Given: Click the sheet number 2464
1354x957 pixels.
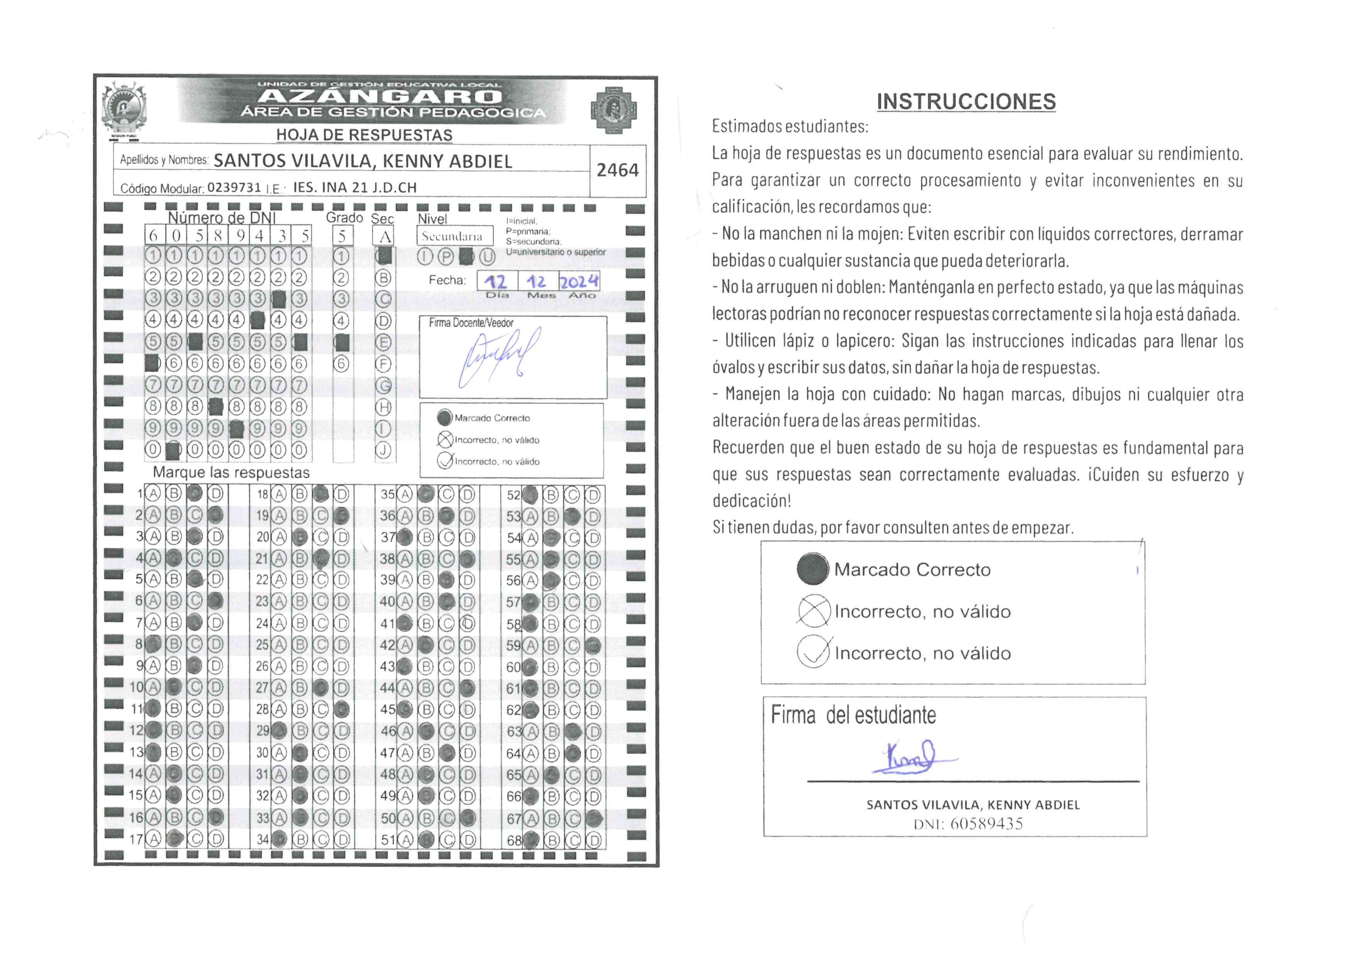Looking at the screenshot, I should coord(617,170).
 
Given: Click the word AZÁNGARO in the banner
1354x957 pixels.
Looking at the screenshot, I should coord(380,96).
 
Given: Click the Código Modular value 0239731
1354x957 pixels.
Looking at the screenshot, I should coord(234,188).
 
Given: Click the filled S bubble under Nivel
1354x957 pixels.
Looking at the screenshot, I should coord(466,257).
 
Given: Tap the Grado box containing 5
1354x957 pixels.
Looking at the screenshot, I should coord(342,236).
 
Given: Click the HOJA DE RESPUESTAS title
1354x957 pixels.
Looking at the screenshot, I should coord(364,135).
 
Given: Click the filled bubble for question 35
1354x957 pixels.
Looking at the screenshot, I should coord(426,494).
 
